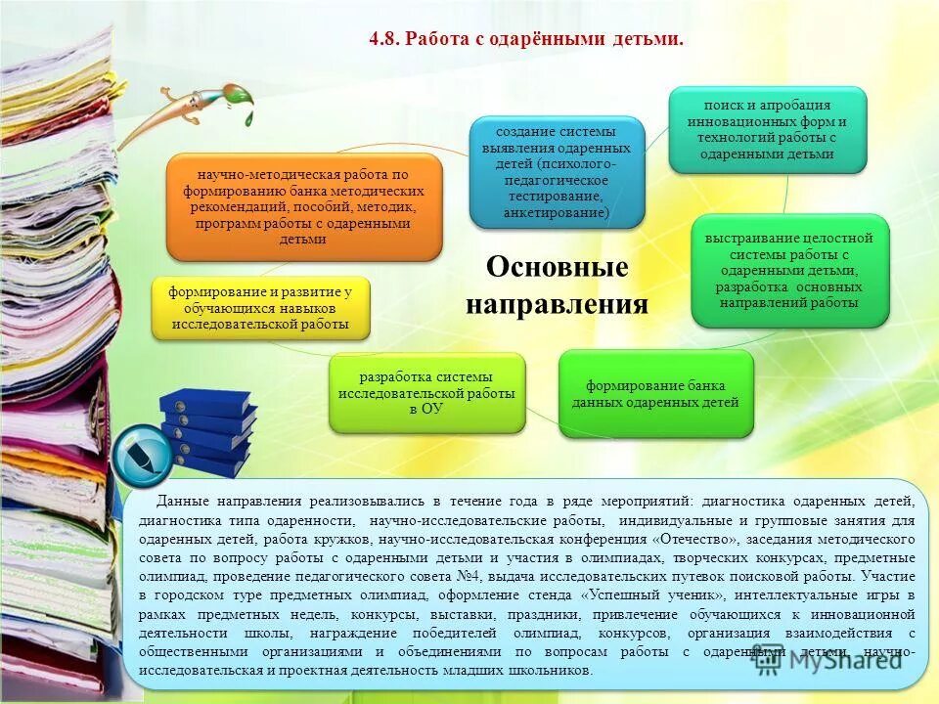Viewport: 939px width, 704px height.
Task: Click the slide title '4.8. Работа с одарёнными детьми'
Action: [x=525, y=38]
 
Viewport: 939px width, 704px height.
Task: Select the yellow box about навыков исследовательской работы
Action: [x=260, y=308]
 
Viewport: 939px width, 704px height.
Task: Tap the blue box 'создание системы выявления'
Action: [x=557, y=172]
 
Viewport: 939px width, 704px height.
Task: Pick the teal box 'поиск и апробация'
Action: [x=767, y=129]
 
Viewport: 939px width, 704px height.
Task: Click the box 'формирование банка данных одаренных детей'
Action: [x=655, y=393]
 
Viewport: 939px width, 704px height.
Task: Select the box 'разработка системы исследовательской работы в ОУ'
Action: [x=425, y=393]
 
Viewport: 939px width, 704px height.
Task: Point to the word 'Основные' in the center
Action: [x=557, y=267]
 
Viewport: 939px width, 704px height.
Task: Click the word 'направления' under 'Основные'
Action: [x=557, y=304]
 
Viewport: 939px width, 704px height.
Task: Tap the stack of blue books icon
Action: [x=206, y=430]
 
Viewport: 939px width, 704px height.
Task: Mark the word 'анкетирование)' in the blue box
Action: [x=557, y=212]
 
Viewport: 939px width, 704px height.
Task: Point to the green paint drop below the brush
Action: [x=247, y=117]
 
